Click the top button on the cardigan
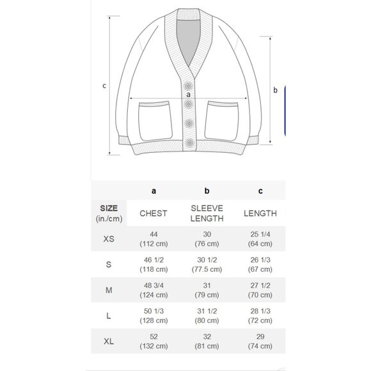[188, 86]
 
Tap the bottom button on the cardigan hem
[189, 143]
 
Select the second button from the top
[189, 104]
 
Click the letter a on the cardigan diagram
[188, 95]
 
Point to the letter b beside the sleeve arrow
[275, 90]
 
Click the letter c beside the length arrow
[104, 86]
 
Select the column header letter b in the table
[207, 191]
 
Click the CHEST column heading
[154, 214]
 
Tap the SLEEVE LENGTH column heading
[207, 213]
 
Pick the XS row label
[109, 239]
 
